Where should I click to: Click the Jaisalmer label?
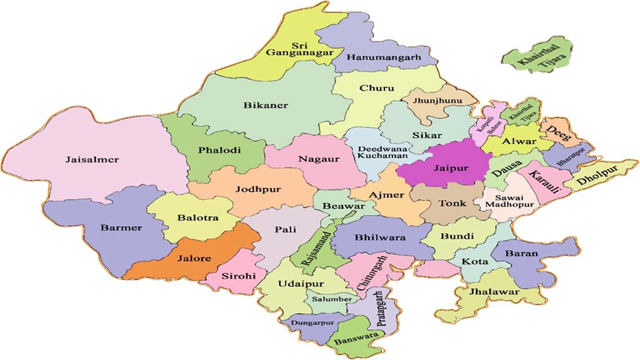point(92,159)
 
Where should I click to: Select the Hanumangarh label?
point(384,57)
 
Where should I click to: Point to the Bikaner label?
point(266,105)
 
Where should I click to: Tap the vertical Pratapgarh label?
point(380,309)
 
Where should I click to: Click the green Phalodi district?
point(216,150)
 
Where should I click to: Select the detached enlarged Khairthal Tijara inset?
point(537,56)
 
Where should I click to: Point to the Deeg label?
point(556,133)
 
